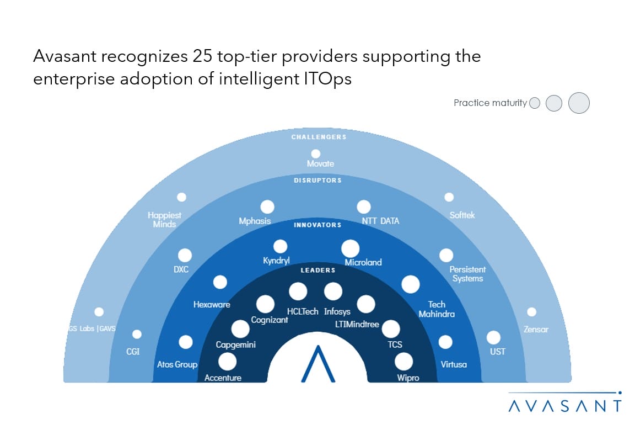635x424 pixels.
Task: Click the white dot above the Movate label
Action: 316,153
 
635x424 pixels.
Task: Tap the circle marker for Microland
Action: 351,248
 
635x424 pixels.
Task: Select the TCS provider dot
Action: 391,329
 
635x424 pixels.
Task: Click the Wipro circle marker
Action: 403,362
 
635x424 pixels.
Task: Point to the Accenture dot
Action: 227,362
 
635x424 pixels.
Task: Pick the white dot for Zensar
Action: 531,312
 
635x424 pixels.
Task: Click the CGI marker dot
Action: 137,334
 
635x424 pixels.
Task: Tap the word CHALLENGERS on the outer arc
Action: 319,137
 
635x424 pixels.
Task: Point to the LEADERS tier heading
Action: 317,271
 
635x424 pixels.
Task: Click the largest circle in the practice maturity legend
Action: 579,103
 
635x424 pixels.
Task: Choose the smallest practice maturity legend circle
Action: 534,103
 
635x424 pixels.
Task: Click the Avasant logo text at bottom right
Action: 565,406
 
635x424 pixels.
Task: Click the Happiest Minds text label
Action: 165,220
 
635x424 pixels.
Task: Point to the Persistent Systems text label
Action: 467,274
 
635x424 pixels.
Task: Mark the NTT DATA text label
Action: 380,221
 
